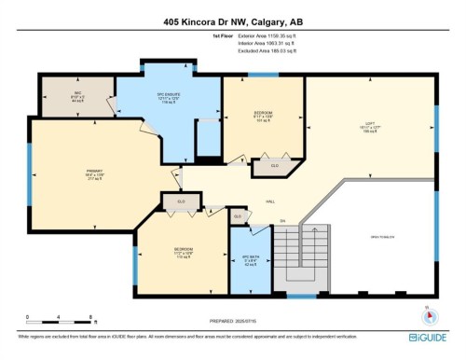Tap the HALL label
click(270, 201)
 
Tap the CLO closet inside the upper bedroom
click(274, 166)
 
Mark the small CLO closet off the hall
click(238, 216)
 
